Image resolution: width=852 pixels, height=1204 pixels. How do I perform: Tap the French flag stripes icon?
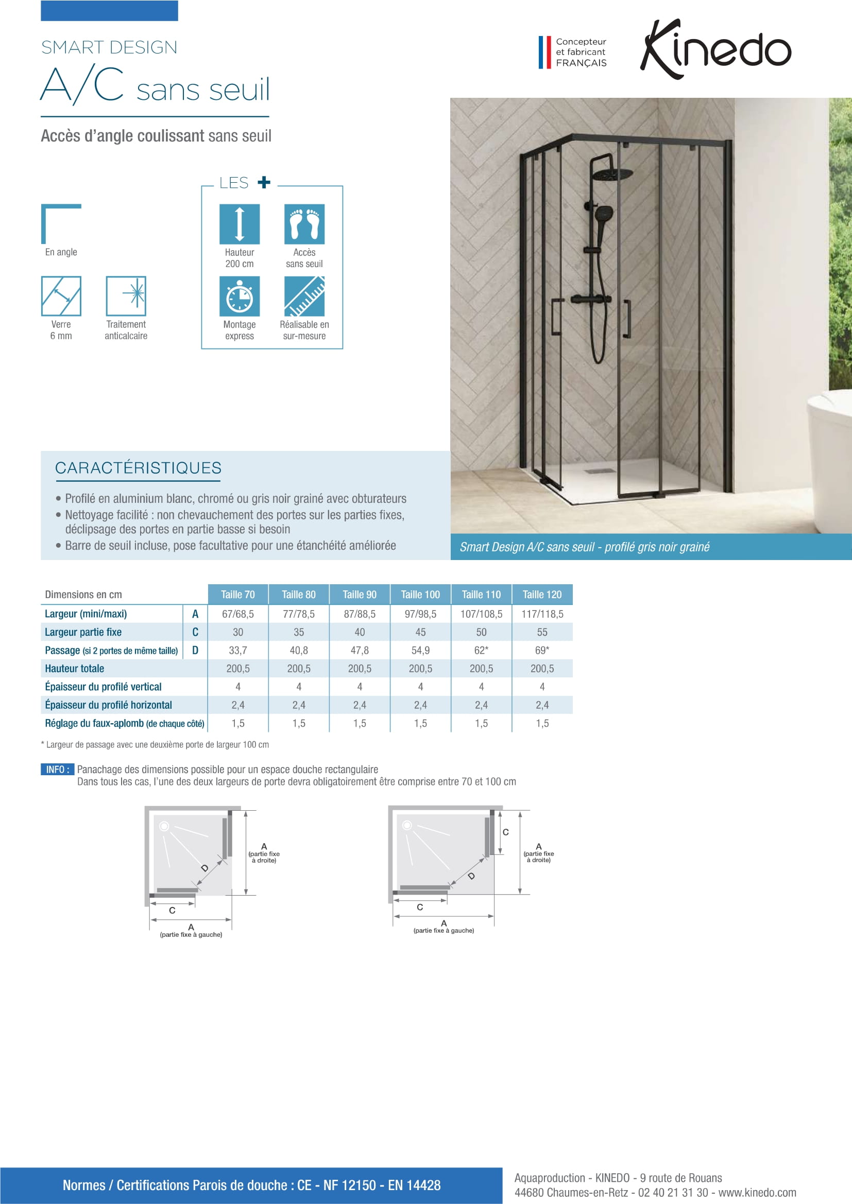coord(544,52)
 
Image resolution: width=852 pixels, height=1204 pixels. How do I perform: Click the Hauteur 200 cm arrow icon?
coord(239,224)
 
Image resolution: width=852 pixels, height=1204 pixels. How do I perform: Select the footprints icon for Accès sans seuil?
coord(304,224)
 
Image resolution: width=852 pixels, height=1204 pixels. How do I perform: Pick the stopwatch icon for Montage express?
coord(239,296)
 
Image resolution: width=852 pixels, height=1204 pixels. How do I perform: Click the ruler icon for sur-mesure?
coord(304,296)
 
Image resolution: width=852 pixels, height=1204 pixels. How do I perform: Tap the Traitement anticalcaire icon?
coord(126,296)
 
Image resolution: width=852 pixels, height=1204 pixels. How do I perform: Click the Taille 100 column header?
coord(420,594)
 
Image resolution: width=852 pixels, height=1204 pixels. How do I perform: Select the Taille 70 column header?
coord(237,594)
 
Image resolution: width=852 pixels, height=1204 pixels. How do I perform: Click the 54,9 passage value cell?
coord(420,650)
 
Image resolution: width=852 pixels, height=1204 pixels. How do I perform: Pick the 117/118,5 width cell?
coord(542,614)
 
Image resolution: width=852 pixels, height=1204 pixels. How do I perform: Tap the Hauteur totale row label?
coord(75,669)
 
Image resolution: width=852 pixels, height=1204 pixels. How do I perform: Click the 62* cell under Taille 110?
coord(481,650)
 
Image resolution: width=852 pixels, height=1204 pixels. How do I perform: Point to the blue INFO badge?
coord(57,769)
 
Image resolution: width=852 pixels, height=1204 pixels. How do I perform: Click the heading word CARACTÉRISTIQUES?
coord(139,468)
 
